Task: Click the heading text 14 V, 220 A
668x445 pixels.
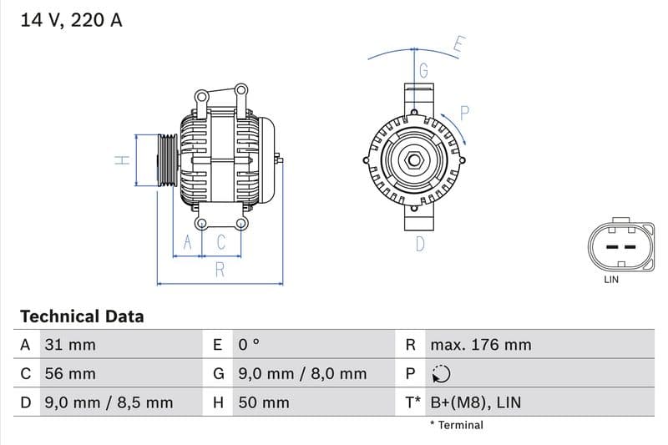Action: coord(71,20)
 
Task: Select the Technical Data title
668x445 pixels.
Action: coord(82,316)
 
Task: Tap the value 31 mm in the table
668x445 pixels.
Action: coord(71,345)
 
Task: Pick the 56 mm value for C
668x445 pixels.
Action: coord(71,374)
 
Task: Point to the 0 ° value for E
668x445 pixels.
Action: coord(250,345)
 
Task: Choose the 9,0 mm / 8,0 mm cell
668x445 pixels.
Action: coord(302,374)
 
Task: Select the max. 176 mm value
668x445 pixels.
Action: coord(480,345)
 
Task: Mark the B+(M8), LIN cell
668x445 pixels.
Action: coord(475,402)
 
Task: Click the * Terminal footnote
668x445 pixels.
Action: coord(456,425)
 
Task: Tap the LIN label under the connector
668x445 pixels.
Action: coord(611,280)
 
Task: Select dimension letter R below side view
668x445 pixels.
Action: coord(220,269)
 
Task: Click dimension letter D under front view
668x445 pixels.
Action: coord(420,244)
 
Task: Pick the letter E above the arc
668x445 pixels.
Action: coord(458,44)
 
